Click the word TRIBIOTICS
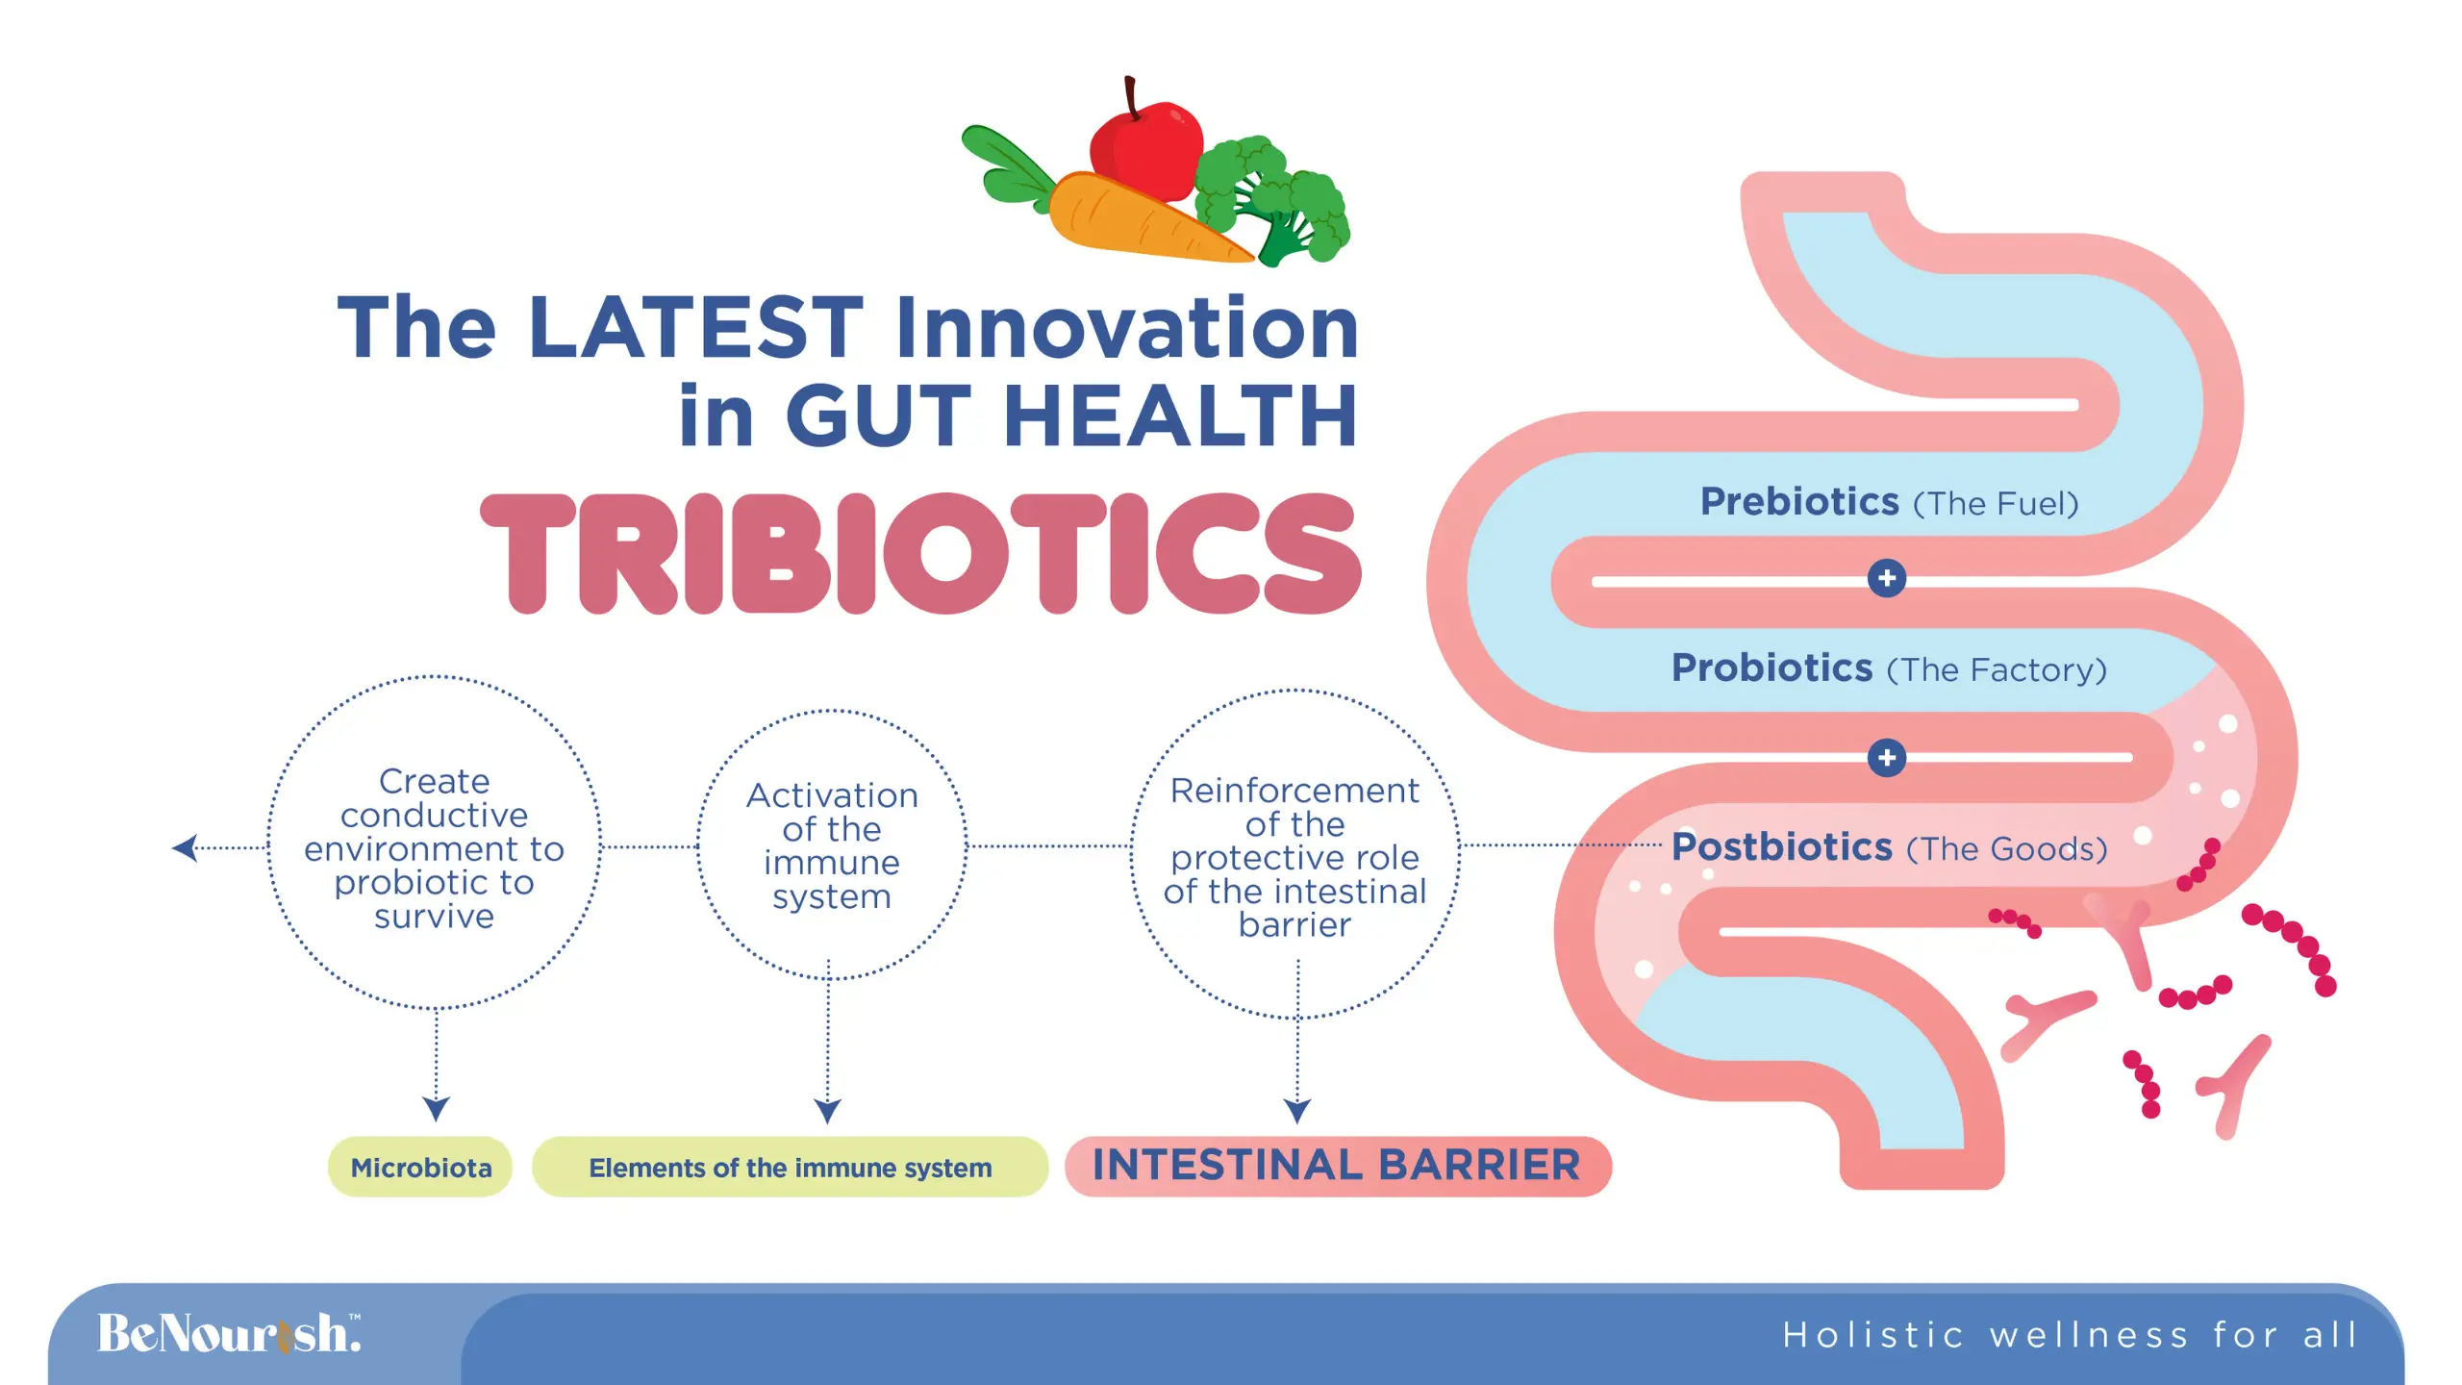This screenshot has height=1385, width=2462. (x=920, y=553)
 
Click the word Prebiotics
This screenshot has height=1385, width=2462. (x=1799, y=501)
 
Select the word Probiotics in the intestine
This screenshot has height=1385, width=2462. (x=1771, y=667)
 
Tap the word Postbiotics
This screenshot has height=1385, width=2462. (x=1781, y=846)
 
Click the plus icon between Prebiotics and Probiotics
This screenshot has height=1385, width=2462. (x=1887, y=578)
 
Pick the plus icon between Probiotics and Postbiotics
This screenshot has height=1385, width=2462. (x=1887, y=758)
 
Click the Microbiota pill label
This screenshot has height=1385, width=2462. (x=420, y=1167)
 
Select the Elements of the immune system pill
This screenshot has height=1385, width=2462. (x=790, y=1167)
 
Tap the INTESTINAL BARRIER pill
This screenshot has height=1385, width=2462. (x=1338, y=1166)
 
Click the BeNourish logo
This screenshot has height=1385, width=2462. (x=229, y=1333)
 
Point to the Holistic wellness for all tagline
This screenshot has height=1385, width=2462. (x=2070, y=1335)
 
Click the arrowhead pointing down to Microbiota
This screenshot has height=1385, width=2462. (x=436, y=1109)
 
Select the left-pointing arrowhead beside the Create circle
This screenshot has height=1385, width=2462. (x=185, y=847)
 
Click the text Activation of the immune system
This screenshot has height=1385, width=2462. (x=832, y=845)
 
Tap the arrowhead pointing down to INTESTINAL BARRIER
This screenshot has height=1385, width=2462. (x=1297, y=1112)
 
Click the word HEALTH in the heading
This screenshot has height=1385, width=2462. (x=1180, y=415)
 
